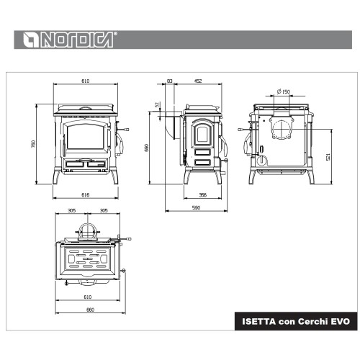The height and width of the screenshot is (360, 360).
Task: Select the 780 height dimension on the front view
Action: point(34,144)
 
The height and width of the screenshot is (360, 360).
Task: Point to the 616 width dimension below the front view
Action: point(86,195)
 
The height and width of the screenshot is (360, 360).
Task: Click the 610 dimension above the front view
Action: point(86,81)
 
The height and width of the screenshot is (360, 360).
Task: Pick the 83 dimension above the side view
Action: point(170,81)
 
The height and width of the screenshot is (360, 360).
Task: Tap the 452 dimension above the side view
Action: point(198,81)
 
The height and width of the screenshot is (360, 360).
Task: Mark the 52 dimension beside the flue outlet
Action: point(157,104)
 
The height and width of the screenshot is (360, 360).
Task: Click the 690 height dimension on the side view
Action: point(147,148)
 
